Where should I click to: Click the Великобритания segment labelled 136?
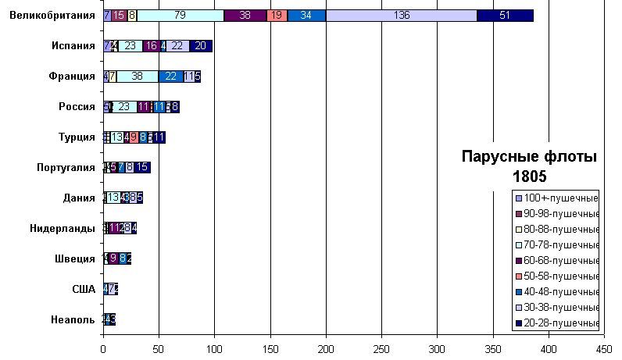click(402, 15)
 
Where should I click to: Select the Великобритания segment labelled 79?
click(181, 15)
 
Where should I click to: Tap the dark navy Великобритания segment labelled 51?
click(505, 15)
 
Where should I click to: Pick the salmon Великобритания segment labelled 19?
click(277, 15)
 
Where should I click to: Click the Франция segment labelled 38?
click(138, 76)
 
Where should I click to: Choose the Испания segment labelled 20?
click(201, 45)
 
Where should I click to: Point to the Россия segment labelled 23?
click(123, 106)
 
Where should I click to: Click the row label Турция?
click(77, 137)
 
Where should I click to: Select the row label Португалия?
click(66, 167)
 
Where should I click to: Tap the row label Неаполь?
click(73, 319)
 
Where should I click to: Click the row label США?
click(84, 289)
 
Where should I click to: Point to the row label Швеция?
click(76, 258)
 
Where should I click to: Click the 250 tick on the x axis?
click(381, 349)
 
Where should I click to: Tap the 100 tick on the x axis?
click(214, 349)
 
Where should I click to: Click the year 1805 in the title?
click(530, 176)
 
